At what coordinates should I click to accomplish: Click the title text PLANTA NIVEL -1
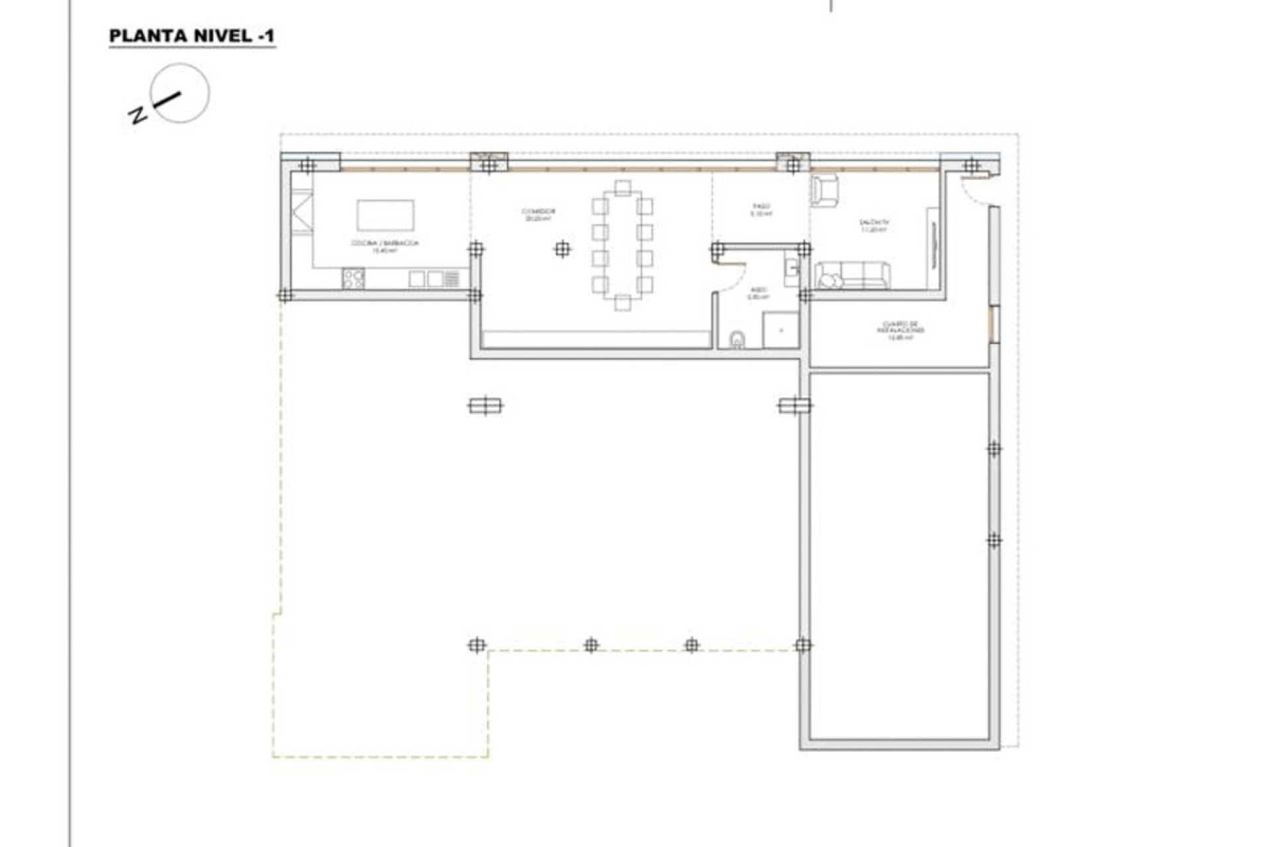[192, 36]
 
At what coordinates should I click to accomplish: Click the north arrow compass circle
[179, 93]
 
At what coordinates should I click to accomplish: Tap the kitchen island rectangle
[385, 215]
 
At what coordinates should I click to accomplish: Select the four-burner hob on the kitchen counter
[353, 278]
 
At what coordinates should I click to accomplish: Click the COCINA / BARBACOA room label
[385, 245]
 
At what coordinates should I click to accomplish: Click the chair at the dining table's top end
[622, 188]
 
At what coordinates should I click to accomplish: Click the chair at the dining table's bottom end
[622, 303]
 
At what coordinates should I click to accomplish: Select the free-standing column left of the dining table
[562, 249]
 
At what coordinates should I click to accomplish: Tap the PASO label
[761, 210]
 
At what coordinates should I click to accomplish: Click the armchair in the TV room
[824, 189]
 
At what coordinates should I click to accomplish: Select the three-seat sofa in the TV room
[852, 276]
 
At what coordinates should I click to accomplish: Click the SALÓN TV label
[874, 226]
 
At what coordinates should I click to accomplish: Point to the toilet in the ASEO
[737, 340]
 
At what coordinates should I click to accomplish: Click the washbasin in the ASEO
[791, 268]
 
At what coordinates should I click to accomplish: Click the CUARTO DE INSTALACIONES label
[900, 331]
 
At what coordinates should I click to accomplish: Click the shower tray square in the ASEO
[781, 330]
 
